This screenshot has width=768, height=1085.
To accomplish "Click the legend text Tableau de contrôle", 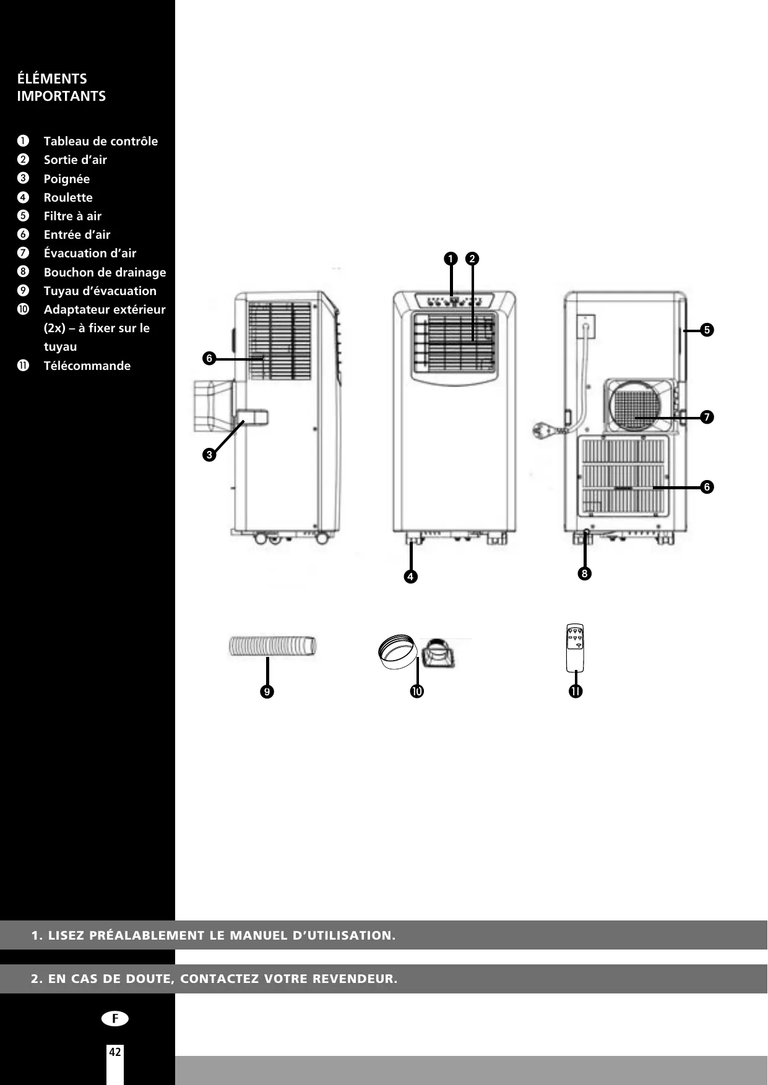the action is (100, 141).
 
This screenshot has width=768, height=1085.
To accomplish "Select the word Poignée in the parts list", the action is (66, 179).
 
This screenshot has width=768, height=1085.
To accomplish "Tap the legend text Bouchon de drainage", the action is (105, 272).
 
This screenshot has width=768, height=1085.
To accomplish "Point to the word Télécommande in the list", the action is (87, 366).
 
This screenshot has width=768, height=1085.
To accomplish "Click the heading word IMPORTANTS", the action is (61, 96).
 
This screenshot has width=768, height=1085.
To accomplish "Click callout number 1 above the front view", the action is (450, 259).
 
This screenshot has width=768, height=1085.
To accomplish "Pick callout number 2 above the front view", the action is (472, 259).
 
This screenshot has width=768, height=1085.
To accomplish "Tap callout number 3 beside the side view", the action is (209, 455).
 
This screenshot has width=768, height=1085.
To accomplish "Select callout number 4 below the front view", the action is (410, 577).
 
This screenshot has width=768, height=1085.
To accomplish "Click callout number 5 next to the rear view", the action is (707, 330).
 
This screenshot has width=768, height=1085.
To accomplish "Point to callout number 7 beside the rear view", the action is (707, 417).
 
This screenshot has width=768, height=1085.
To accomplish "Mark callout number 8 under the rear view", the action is (584, 573).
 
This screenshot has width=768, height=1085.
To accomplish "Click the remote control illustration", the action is (575, 648).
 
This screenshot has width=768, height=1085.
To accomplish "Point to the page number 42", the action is (115, 1052).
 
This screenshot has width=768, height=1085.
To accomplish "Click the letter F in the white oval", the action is (115, 1019).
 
